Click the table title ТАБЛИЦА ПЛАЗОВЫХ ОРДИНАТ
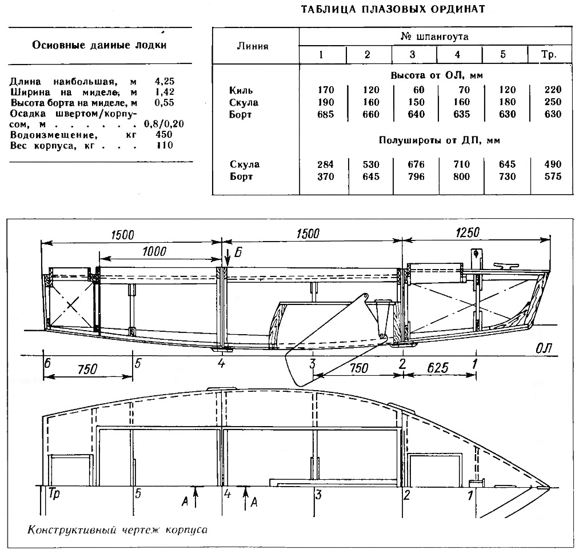click(x=393, y=9)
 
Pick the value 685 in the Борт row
click(x=325, y=114)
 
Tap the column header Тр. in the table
click(x=549, y=55)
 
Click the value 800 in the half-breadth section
click(x=462, y=176)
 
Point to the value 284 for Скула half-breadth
click(x=325, y=164)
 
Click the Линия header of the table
click(x=253, y=46)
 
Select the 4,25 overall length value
click(x=165, y=81)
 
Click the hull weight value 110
click(x=164, y=145)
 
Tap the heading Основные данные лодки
click(x=99, y=45)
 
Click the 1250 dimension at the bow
click(x=467, y=232)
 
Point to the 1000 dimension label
click(x=154, y=251)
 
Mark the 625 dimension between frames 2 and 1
click(x=438, y=368)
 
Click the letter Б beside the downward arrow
click(x=238, y=253)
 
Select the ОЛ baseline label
click(x=544, y=348)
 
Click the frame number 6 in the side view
click(x=47, y=363)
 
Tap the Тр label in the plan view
click(x=54, y=494)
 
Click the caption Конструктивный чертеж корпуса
click(x=117, y=531)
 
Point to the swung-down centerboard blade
click(x=326, y=342)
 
